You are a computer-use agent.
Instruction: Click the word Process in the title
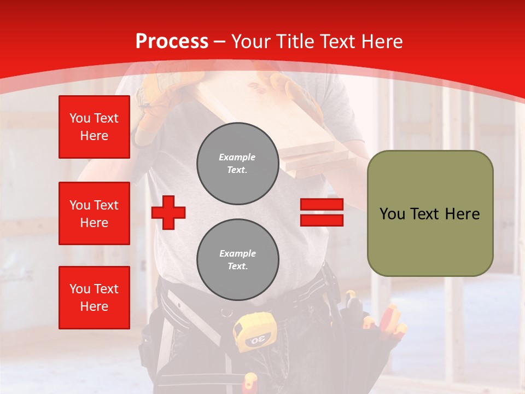[172, 42]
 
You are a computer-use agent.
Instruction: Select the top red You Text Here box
[94, 127]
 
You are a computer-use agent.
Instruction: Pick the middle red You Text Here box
[94, 213]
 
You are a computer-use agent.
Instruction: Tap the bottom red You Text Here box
[94, 298]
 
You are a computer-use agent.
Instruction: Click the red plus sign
[168, 212]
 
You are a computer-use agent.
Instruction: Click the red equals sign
[322, 212]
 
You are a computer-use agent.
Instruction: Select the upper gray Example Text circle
[237, 163]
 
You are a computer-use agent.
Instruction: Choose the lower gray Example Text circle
[237, 259]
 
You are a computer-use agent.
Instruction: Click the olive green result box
[430, 213]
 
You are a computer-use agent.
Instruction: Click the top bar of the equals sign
[322, 205]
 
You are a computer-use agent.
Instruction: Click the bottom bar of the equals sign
[322, 220]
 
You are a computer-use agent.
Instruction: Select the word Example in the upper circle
[237, 157]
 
